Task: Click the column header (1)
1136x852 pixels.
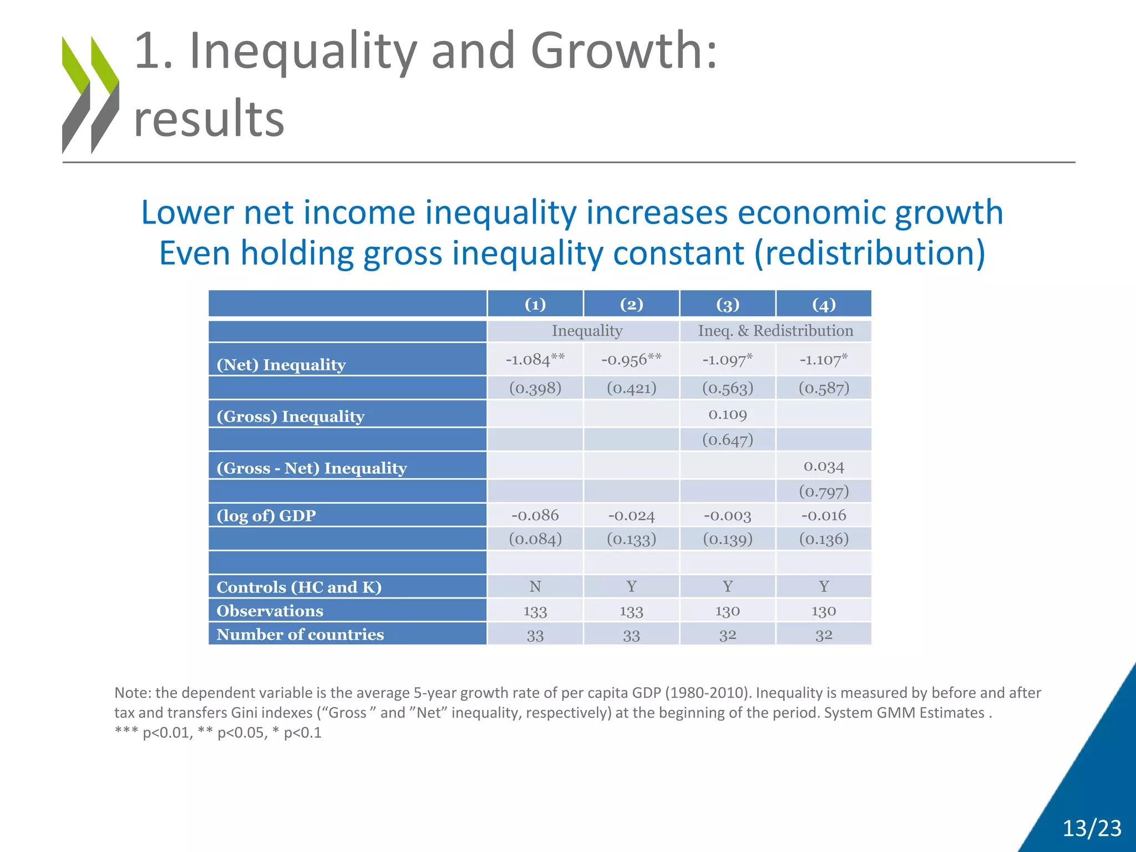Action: coord(535,305)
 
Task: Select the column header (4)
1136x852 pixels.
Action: coord(824,305)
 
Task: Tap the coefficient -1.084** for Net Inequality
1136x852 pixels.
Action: coord(535,359)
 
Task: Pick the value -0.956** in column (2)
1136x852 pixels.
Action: coord(631,359)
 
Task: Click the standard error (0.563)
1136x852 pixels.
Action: coord(728,388)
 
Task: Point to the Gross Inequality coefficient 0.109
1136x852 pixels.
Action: coord(728,414)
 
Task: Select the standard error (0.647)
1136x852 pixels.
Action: coord(728,440)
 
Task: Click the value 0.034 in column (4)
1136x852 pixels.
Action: coord(824,466)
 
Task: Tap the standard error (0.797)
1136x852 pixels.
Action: coord(824,491)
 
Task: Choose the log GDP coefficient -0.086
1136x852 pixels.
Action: coord(535,515)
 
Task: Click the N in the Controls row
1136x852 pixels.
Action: coord(535,586)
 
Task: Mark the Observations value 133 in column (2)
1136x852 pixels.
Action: coord(631,611)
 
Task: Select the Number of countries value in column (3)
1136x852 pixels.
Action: coord(728,635)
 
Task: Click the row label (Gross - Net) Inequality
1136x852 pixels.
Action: coord(312,468)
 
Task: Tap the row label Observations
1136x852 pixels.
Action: coord(270,611)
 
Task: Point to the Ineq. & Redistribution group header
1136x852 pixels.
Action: coord(775,331)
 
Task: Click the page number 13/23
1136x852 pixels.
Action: coord(1092,828)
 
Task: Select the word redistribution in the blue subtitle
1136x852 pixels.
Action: coord(869,253)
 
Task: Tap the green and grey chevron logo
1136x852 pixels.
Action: coord(90,95)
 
